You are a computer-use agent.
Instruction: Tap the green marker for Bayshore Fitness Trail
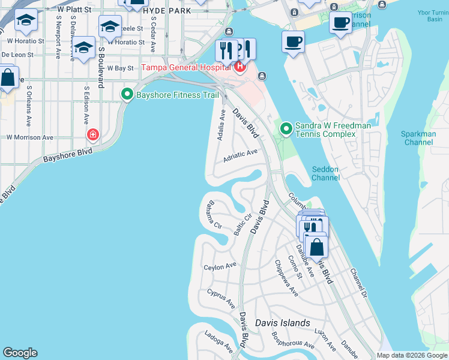tap(127, 94)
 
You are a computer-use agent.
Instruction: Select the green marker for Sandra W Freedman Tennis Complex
tap(286, 128)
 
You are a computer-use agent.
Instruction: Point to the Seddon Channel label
tap(326, 173)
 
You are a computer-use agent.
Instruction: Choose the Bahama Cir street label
tap(213, 217)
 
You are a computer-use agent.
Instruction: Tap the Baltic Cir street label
tap(243, 225)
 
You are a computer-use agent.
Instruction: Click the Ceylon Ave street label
tap(220, 266)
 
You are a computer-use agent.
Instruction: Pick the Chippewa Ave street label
tap(286, 278)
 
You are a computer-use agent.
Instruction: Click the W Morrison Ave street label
tap(29, 137)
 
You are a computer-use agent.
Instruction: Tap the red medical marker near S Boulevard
tap(92, 134)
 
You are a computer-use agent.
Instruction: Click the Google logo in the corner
tap(20, 353)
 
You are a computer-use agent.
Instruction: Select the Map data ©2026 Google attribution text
tap(411, 355)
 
